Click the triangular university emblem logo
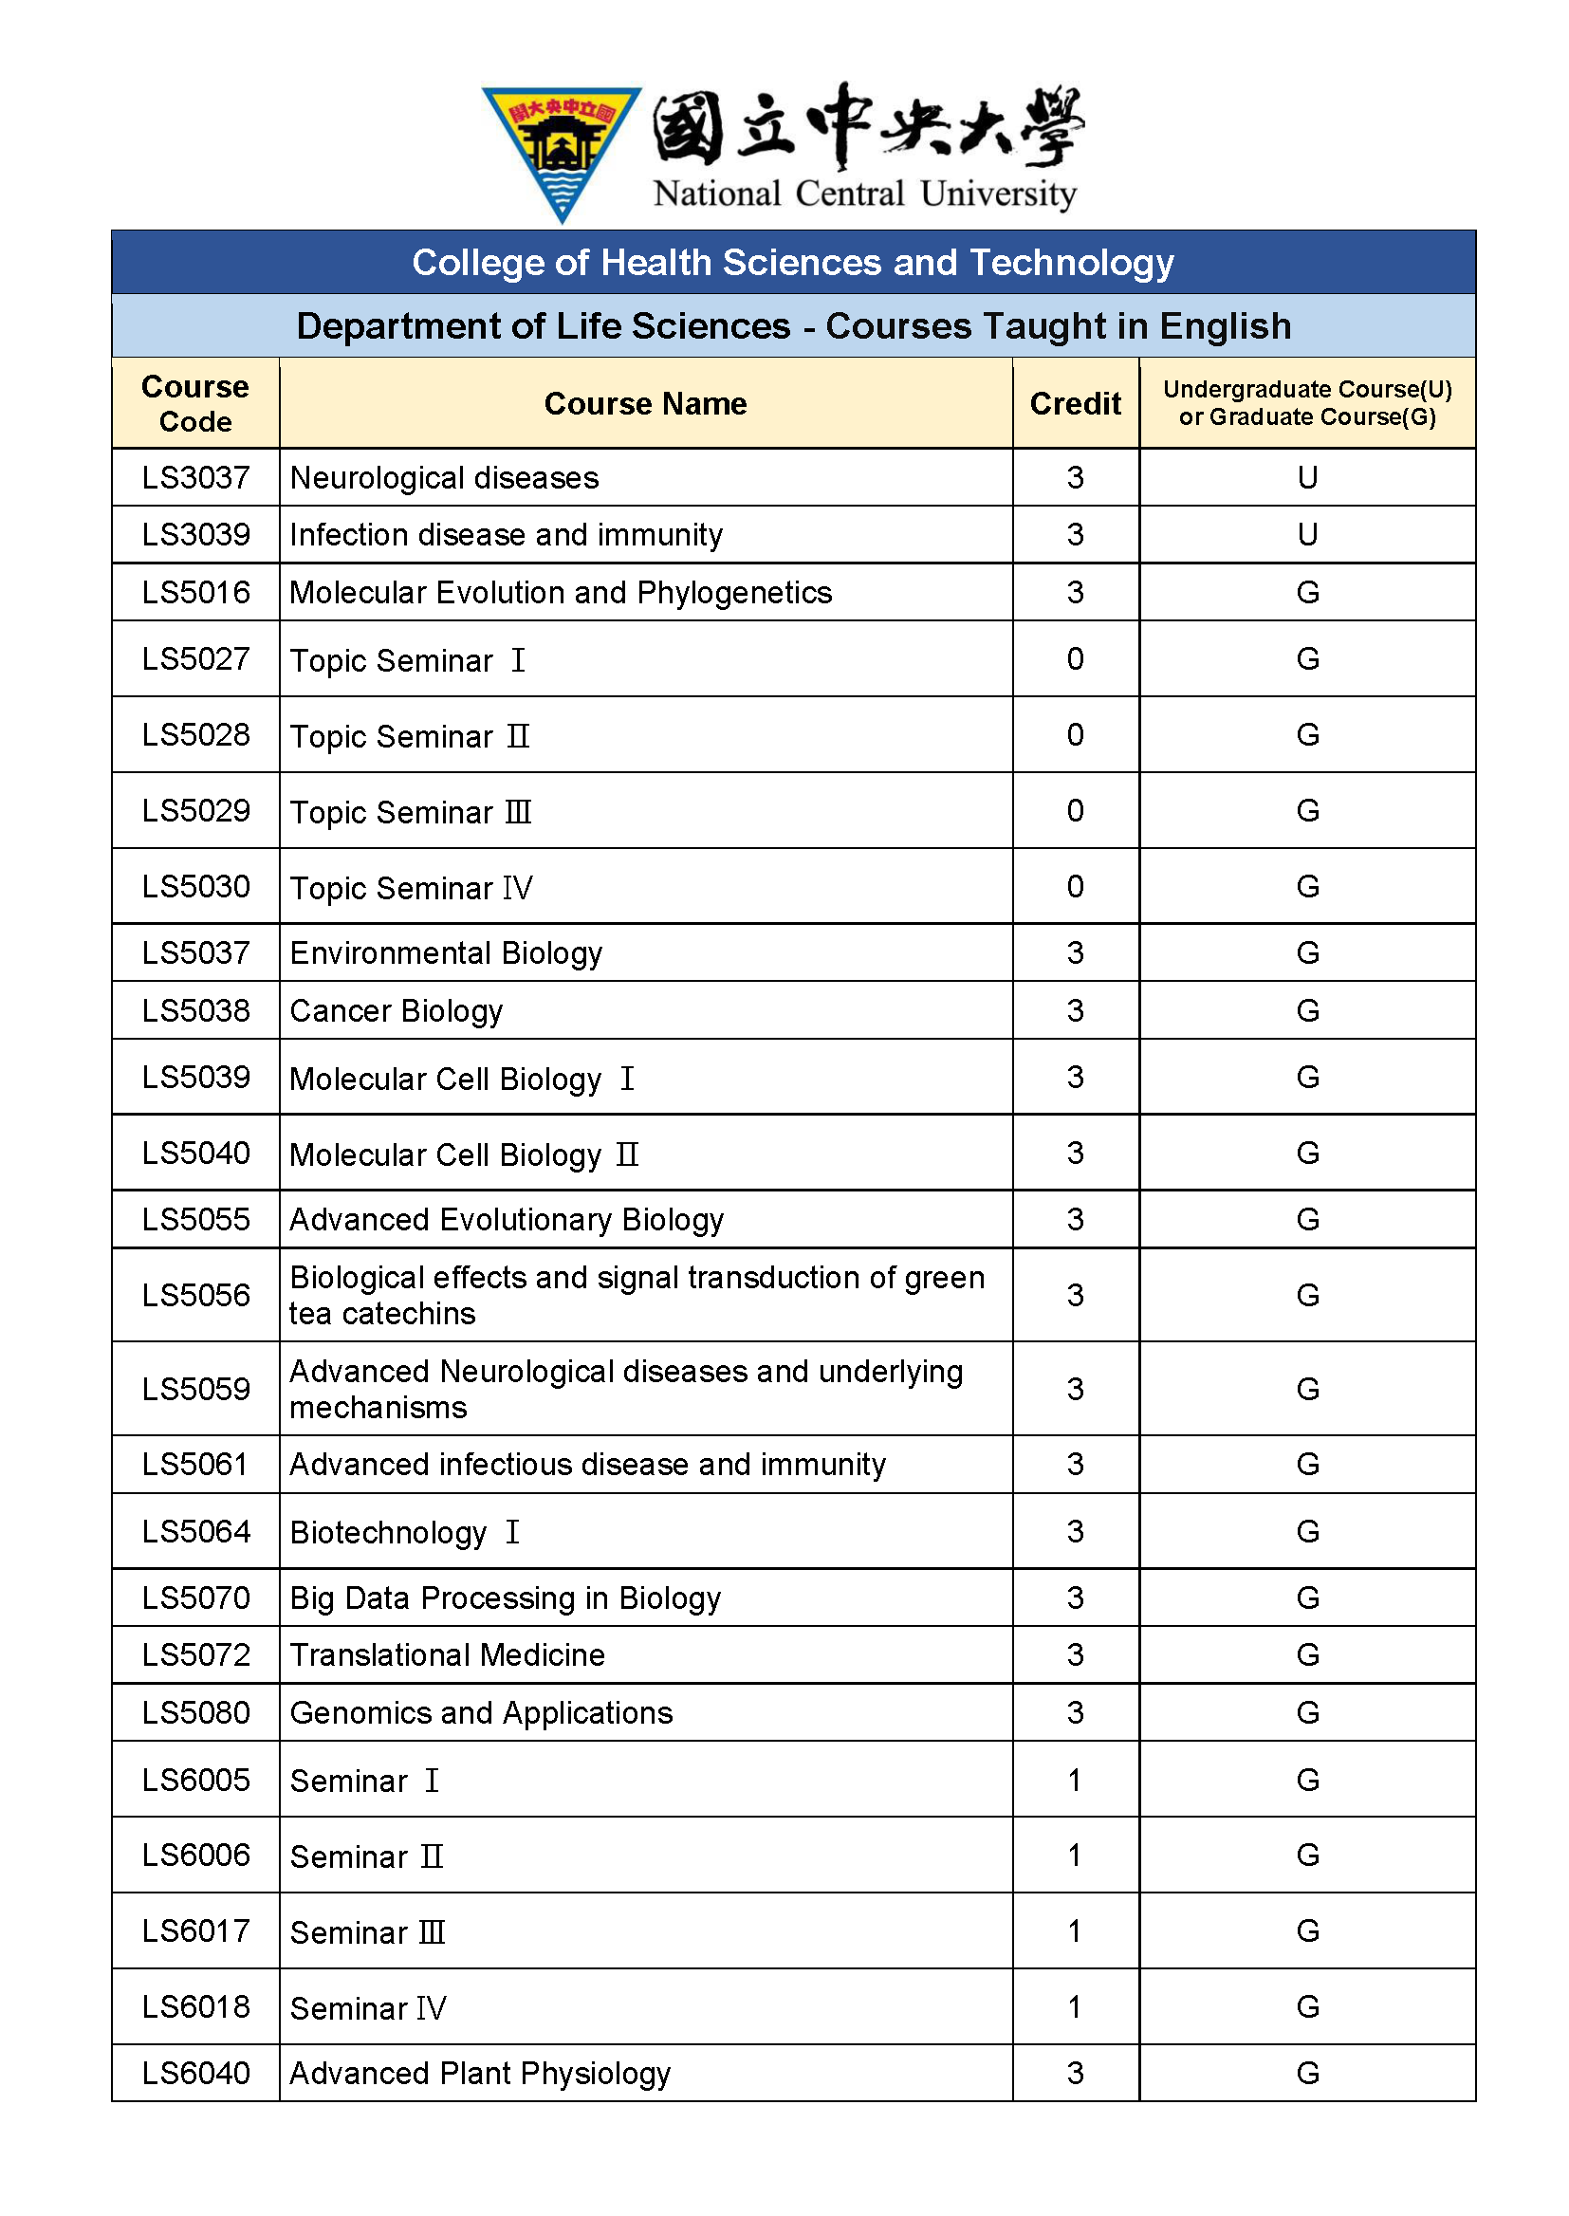[562, 150]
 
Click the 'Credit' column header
[1075, 403]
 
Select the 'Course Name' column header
[645, 403]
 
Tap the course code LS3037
[195, 477]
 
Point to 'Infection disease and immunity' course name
[507, 534]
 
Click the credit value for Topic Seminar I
[1075, 658]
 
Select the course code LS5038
[195, 1010]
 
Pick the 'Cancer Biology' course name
[397, 1010]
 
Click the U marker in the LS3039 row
[1307, 534]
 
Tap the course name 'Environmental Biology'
[447, 952]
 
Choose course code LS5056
[195, 1295]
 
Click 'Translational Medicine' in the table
[448, 1654]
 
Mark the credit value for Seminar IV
[1075, 2006]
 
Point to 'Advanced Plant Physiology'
[480, 2072]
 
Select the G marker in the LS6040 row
[1307, 2072]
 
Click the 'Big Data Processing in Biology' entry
[506, 1597]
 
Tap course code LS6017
[195, 1930]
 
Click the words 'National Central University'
[865, 194]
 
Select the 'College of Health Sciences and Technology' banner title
[792, 262]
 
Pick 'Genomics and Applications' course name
[481, 1712]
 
